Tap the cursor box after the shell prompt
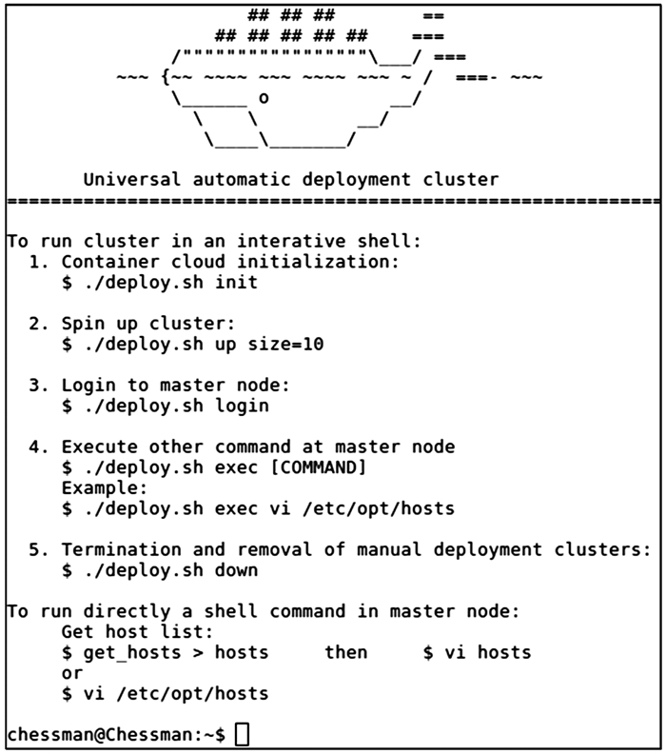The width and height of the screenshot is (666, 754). tap(242, 734)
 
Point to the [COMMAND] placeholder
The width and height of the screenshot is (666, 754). tap(318, 467)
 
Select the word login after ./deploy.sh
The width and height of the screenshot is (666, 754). tap(241, 406)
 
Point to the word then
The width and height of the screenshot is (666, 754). tap(345, 652)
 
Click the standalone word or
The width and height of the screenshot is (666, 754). tap(72, 673)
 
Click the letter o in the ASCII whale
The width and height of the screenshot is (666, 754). tap(264, 97)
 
